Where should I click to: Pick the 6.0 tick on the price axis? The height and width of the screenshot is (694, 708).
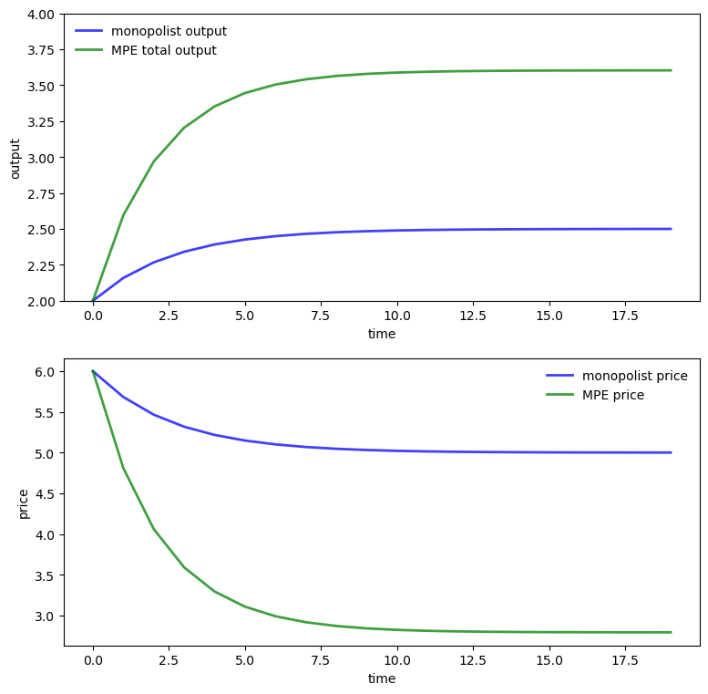tap(46, 371)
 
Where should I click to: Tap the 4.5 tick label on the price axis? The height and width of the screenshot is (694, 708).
tap(46, 493)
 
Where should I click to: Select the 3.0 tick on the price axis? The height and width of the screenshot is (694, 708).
tap(46, 616)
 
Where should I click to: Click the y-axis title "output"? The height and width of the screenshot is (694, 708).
tap(15, 158)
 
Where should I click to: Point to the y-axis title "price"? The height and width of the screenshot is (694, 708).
tap(24, 502)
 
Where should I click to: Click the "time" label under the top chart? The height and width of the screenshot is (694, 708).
tap(382, 334)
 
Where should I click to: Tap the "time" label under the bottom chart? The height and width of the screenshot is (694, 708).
tap(382, 678)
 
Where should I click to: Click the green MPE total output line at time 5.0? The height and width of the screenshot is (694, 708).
tap(245, 93)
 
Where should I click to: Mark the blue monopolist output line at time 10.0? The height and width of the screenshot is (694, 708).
tap(397, 230)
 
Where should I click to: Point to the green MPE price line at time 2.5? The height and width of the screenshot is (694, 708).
tap(169, 548)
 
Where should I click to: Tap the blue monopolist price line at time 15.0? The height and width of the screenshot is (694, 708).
tap(549, 452)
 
